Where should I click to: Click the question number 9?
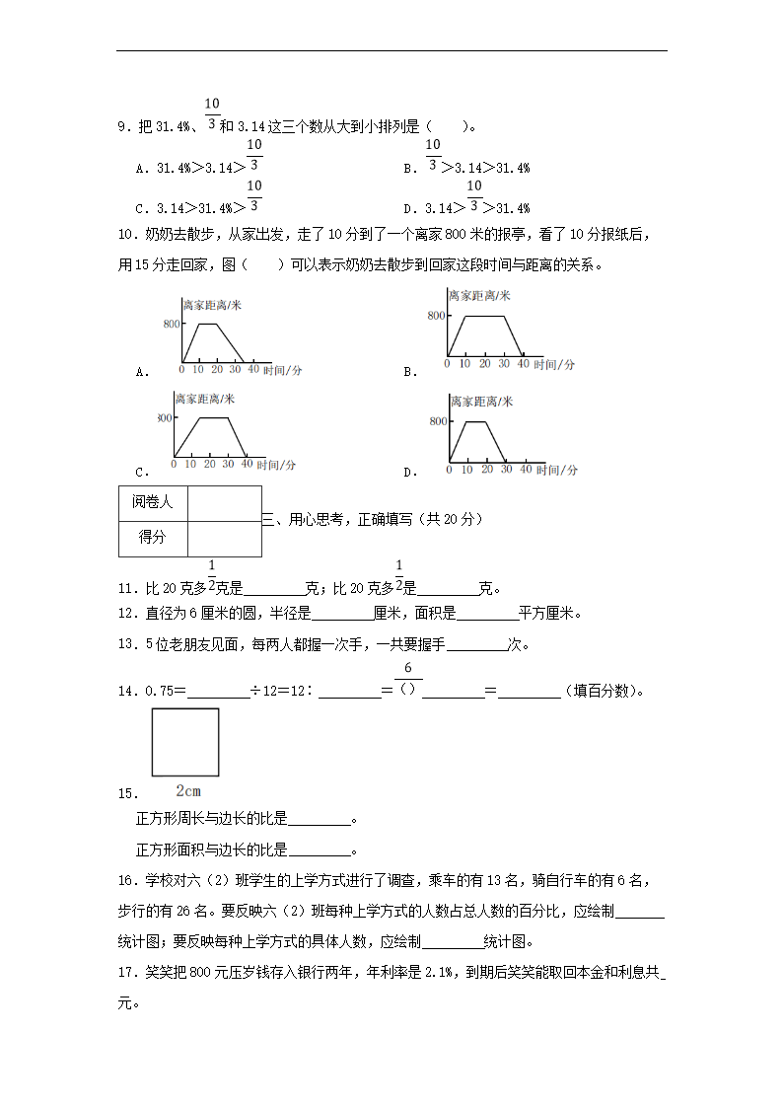(x=122, y=126)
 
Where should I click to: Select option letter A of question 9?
(x=141, y=168)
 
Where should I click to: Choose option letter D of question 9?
(x=407, y=208)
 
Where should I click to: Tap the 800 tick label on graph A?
(x=172, y=324)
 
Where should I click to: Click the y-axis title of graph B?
(x=478, y=295)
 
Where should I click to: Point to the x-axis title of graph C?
(x=276, y=465)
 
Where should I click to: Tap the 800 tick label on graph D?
(x=438, y=421)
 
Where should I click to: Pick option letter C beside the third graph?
(x=141, y=473)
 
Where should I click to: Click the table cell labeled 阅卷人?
(x=152, y=502)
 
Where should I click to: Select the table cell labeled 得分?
(x=152, y=538)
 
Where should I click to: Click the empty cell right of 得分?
(x=224, y=538)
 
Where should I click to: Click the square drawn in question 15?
(x=185, y=742)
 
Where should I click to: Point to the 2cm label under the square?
(x=187, y=790)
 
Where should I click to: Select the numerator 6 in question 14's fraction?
(x=407, y=668)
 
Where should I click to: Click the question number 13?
(x=124, y=645)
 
